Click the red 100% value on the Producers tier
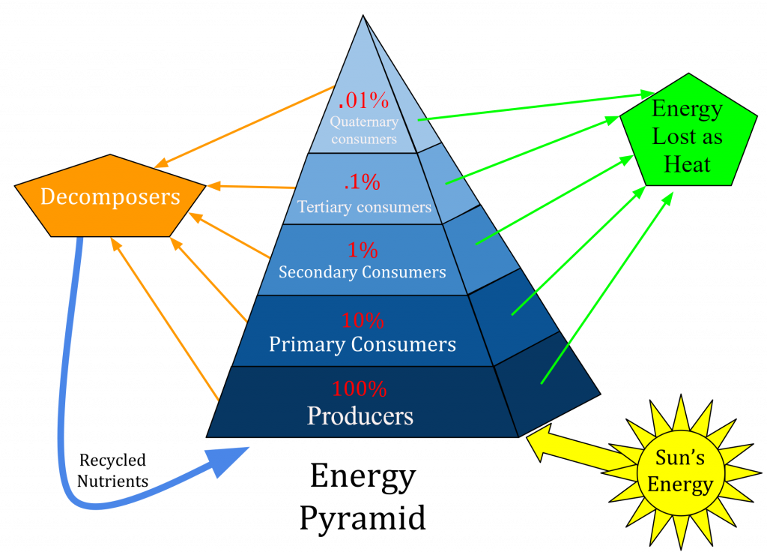360,389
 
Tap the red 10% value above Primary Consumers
363,321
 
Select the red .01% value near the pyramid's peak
363,100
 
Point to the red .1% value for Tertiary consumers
362,182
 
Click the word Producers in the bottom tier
360,415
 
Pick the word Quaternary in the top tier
364,122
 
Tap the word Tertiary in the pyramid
324,207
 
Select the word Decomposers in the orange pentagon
110,197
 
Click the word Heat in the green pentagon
687,164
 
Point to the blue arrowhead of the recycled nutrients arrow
228,460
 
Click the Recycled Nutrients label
112,470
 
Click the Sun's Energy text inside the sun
680,471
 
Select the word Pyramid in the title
363,518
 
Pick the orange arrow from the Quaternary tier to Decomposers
243,127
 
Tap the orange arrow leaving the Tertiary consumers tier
250,187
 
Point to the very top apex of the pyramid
363,15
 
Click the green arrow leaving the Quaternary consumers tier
536,105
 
